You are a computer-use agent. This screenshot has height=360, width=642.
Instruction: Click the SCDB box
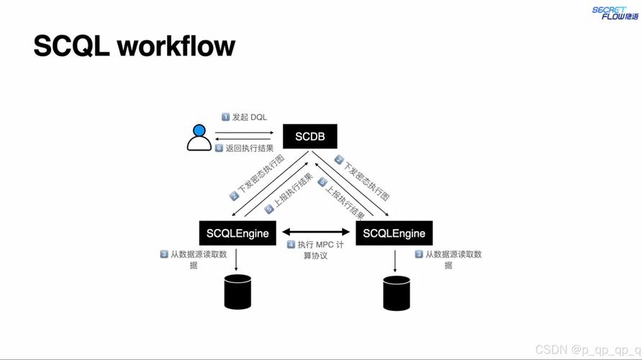point(310,136)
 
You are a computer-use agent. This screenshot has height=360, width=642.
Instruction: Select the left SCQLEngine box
point(238,233)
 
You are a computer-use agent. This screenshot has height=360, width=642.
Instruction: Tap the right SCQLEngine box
point(394,233)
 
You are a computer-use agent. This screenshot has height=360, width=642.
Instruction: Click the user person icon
point(199,138)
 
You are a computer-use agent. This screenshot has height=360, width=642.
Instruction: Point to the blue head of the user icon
point(199,130)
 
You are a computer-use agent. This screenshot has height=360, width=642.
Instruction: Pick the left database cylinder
point(238,292)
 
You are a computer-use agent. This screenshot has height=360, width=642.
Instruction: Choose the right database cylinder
point(397,293)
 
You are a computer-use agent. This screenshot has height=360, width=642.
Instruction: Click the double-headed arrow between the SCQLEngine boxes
point(316,232)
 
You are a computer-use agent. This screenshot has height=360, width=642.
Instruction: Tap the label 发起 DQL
point(249,117)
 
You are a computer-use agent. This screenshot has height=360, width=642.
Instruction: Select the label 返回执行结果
point(249,148)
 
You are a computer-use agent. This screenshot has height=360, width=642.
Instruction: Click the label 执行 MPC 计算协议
point(320,250)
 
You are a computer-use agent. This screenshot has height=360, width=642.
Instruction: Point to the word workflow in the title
point(176,45)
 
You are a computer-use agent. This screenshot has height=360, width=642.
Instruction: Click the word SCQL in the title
point(71,46)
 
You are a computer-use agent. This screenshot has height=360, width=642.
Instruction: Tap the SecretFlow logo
point(615,13)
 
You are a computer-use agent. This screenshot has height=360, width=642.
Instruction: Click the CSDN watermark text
point(588,350)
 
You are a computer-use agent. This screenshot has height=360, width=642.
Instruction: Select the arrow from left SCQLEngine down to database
point(236,260)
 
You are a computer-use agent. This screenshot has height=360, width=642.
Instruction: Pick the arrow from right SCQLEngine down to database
point(394,261)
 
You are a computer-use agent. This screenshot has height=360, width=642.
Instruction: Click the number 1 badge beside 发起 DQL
point(225,117)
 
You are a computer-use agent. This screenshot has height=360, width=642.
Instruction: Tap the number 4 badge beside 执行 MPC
point(291,245)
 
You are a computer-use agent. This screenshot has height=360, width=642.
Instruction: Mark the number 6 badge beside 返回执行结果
point(219,148)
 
